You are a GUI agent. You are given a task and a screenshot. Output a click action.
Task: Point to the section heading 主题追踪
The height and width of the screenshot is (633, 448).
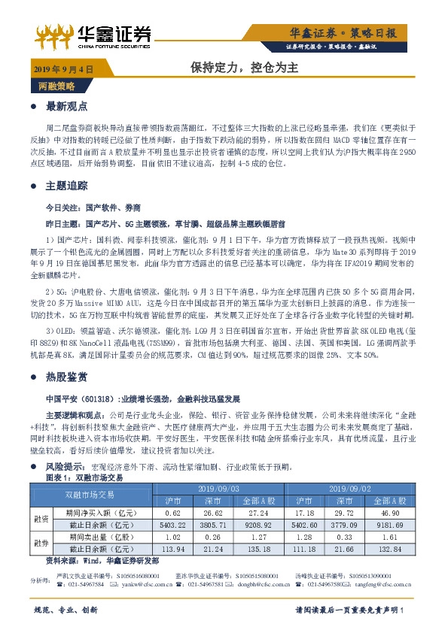(x=67, y=186)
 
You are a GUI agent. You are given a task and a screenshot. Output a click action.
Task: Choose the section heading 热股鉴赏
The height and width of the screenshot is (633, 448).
(x=67, y=376)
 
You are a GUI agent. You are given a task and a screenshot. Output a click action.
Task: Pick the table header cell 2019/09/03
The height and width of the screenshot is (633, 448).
(x=218, y=489)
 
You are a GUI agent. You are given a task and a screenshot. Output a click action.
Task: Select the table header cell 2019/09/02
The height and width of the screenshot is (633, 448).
(x=350, y=489)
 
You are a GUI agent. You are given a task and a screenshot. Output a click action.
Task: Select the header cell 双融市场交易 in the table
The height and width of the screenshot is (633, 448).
(x=90, y=494)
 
